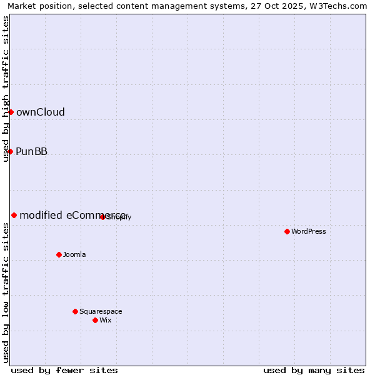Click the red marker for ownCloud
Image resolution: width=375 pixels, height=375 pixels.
click(x=11, y=112)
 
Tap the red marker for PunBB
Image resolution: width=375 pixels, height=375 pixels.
click(x=10, y=151)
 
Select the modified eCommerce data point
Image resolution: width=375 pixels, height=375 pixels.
click(x=14, y=215)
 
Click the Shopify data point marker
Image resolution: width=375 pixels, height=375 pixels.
click(x=102, y=217)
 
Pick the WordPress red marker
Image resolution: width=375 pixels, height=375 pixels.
click(x=287, y=231)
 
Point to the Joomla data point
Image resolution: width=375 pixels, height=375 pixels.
click(x=59, y=254)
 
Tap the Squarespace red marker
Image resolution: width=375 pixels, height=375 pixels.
click(x=75, y=311)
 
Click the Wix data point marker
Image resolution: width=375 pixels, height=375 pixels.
click(x=95, y=320)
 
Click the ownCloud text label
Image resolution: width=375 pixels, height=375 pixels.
click(x=41, y=112)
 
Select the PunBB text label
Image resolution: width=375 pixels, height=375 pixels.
click(x=32, y=152)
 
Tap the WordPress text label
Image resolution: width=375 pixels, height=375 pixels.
click(x=309, y=232)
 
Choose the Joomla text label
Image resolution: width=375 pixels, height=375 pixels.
click(x=74, y=255)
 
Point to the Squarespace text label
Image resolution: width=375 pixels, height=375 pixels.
click(x=101, y=312)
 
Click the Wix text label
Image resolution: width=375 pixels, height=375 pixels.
click(x=106, y=321)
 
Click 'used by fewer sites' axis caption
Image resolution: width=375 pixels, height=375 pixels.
click(x=64, y=371)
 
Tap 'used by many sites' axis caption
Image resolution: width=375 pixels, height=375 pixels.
click(x=314, y=371)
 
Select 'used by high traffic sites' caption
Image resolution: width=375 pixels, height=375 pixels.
click(x=6, y=89)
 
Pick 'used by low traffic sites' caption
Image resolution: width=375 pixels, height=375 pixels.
click(x=6, y=292)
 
